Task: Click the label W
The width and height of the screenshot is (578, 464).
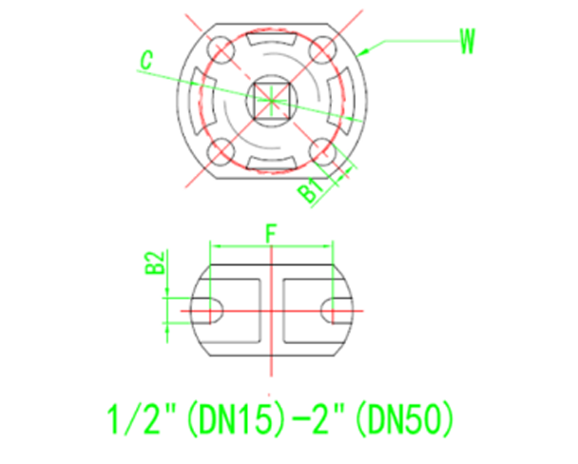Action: tap(466, 41)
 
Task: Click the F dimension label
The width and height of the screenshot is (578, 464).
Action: tap(271, 232)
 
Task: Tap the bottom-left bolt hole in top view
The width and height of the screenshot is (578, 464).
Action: tap(220, 149)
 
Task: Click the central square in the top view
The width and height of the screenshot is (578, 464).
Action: tap(271, 98)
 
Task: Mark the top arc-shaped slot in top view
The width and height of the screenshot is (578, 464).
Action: tap(271, 43)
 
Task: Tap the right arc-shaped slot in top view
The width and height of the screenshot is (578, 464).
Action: tap(343, 98)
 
